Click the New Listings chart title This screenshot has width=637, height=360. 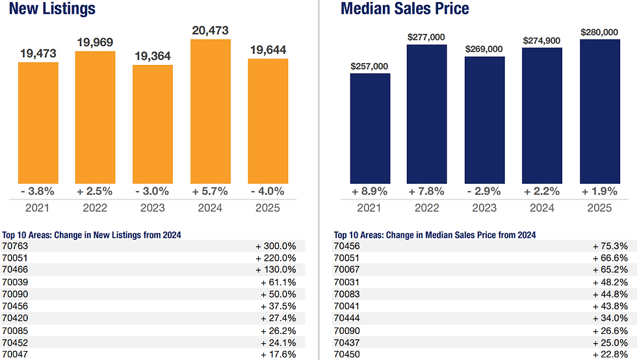point(49,9)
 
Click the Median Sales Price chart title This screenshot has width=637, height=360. point(404,9)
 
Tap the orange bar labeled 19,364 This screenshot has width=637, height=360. point(153,123)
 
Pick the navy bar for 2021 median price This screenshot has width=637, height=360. point(370,128)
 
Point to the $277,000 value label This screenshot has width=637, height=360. point(427,38)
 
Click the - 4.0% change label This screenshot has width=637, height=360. point(268,191)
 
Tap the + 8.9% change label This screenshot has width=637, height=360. point(369,191)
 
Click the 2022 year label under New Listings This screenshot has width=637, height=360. point(95,208)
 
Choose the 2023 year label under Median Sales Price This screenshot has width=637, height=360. point(485,208)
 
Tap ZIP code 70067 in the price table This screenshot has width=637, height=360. point(347,270)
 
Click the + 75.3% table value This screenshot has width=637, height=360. point(610,246)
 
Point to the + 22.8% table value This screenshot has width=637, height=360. point(610,354)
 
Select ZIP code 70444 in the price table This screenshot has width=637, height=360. point(347,318)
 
